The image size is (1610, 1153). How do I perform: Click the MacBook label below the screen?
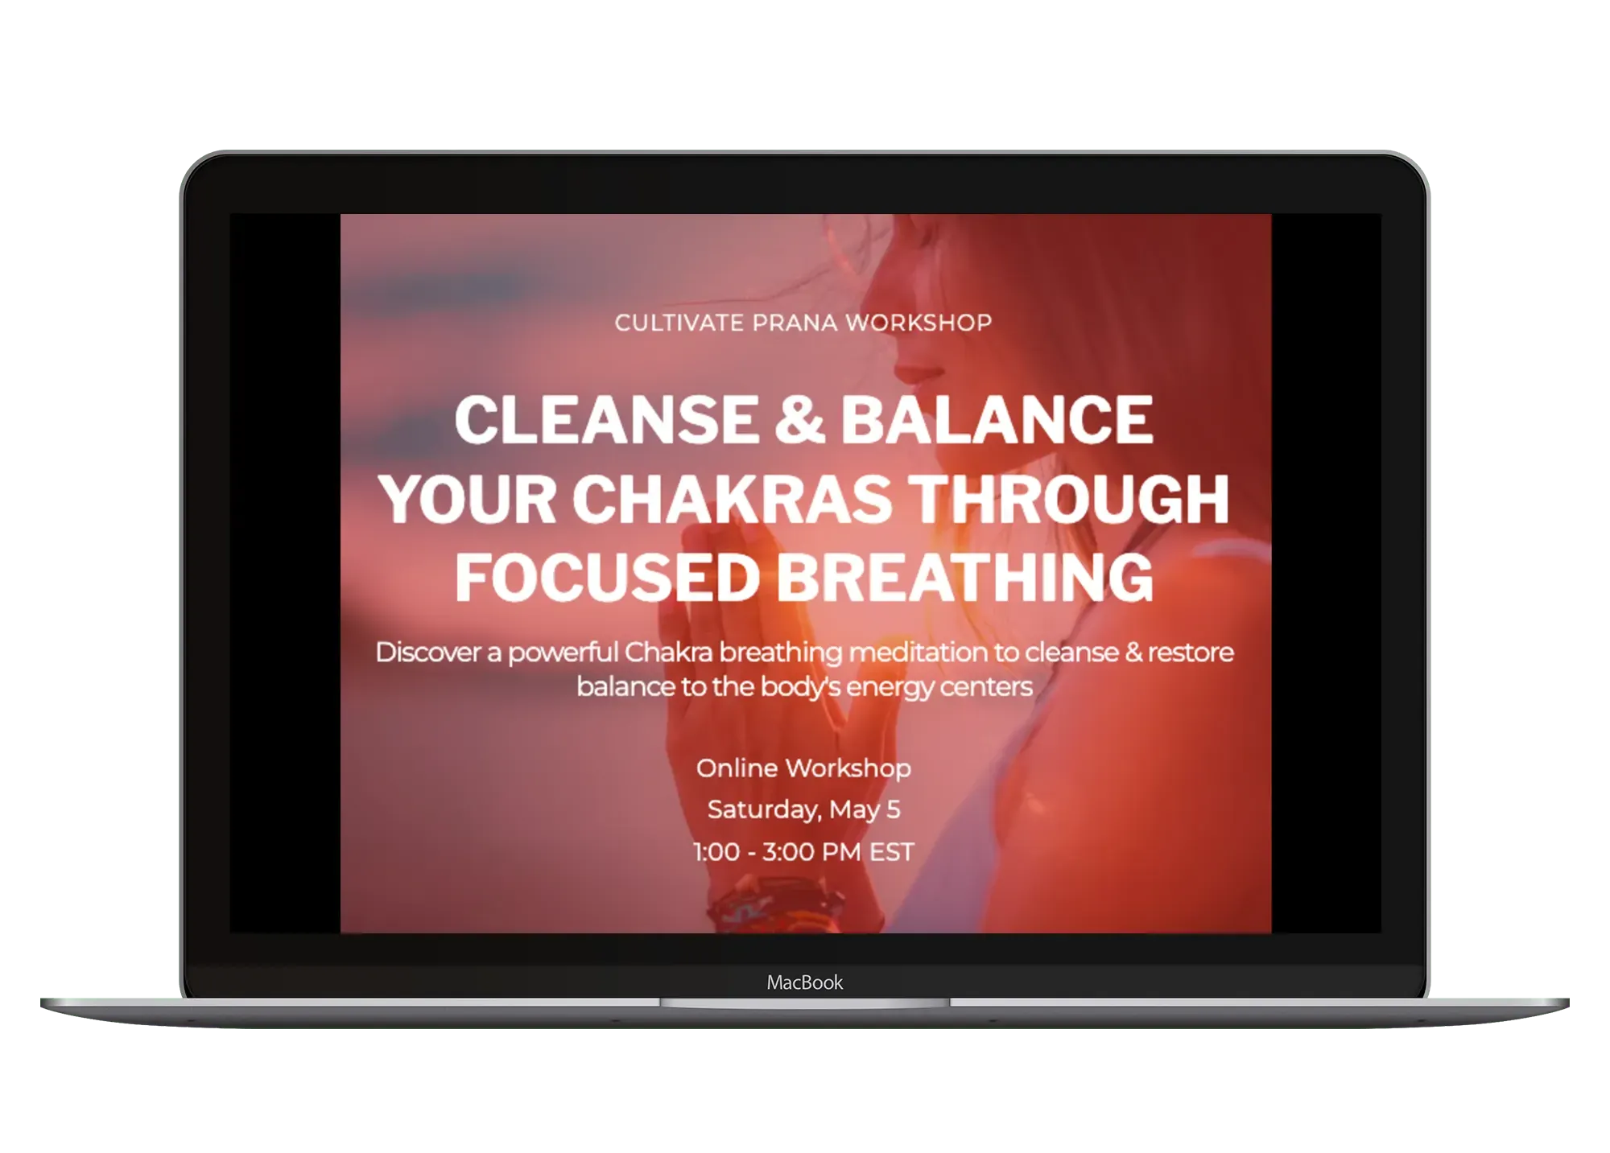804,982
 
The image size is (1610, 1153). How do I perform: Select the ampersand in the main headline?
799,419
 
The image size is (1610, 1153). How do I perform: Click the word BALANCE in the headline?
997,419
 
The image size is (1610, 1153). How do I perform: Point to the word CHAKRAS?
732,499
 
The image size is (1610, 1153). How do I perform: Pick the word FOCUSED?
607,578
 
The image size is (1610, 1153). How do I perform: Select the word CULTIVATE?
679,323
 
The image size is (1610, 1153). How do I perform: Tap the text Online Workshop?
803,768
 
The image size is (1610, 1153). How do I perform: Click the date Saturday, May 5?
803,809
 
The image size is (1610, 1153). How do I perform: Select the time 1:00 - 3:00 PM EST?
803,852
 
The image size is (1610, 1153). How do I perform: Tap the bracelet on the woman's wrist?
741,909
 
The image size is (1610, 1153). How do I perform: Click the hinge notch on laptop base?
804,1003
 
